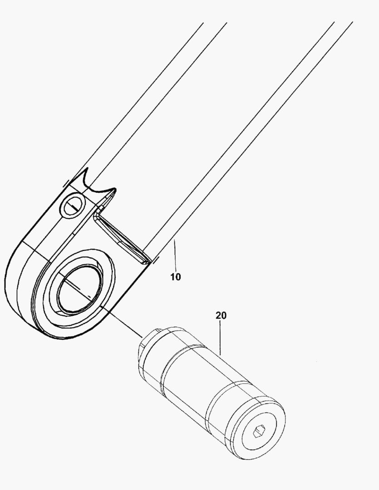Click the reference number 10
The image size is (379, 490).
tap(176, 276)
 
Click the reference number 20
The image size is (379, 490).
tap(221, 315)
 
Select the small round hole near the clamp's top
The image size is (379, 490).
tap(72, 206)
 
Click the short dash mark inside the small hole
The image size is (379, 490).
tap(72, 208)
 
